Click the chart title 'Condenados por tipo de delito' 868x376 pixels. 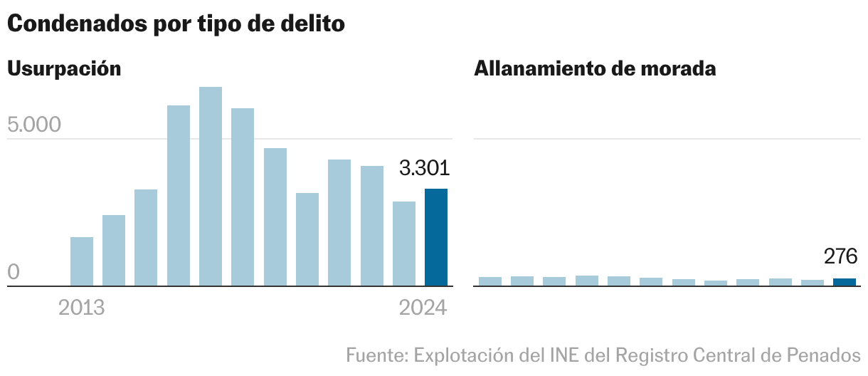pos(176,23)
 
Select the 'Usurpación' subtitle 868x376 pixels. pos(64,69)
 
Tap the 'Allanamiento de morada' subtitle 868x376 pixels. pos(595,69)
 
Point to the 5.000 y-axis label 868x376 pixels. pos(34,125)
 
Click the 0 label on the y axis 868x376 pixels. pos(14,273)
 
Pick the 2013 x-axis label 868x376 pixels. pos(82,308)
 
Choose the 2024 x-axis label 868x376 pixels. pos(423,308)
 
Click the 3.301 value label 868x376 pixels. pos(424,169)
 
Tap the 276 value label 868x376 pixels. pos(841,256)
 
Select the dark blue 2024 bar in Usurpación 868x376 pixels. pos(436,238)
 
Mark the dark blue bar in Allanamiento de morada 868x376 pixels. pos(845,282)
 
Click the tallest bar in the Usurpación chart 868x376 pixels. pos(211,187)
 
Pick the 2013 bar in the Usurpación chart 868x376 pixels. pos(82,261)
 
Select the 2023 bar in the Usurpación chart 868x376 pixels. pos(404,244)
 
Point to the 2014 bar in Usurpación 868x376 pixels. pos(114,251)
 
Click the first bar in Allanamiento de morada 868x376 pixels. pos(490,281)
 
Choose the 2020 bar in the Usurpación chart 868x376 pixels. pos(307,239)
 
